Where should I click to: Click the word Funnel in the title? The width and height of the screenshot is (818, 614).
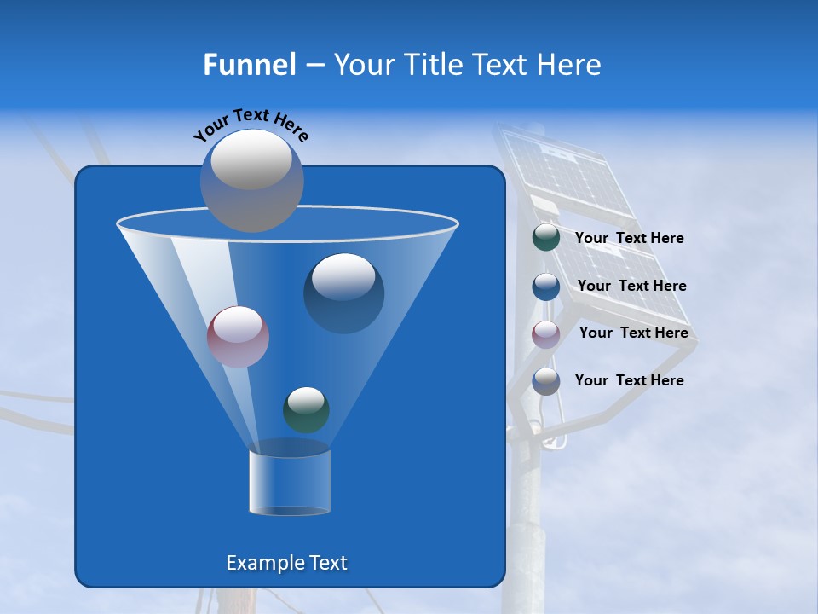[x=249, y=65]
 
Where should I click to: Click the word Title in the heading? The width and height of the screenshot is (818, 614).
[x=432, y=65]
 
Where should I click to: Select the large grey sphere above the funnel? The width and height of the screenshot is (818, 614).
[x=251, y=180]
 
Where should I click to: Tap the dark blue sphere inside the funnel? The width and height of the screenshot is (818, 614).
[x=343, y=293]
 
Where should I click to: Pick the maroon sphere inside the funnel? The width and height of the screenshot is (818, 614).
[x=238, y=337]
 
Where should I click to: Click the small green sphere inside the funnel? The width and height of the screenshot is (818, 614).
[x=306, y=409]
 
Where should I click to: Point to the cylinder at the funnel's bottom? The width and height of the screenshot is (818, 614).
[x=289, y=483]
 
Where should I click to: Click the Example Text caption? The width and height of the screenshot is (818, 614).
[x=286, y=563]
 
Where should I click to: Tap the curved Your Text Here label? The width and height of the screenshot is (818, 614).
[x=251, y=125]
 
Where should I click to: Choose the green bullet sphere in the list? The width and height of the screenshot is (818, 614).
[x=545, y=237]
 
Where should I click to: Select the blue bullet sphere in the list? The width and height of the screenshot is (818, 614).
[x=545, y=286]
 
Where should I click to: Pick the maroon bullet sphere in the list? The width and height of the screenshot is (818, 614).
[x=545, y=333]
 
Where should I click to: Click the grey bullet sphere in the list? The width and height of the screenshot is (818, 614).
[x=545, y=380]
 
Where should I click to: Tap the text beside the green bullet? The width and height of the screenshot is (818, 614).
[x=629, y=238]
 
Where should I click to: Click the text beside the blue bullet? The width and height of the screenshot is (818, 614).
[x=631, y=286]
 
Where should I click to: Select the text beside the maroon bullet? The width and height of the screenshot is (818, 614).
[x=633, y=333]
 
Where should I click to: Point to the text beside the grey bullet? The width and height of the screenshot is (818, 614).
[x=629, y=380]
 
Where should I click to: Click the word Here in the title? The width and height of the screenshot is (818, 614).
[x=570, y=65]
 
